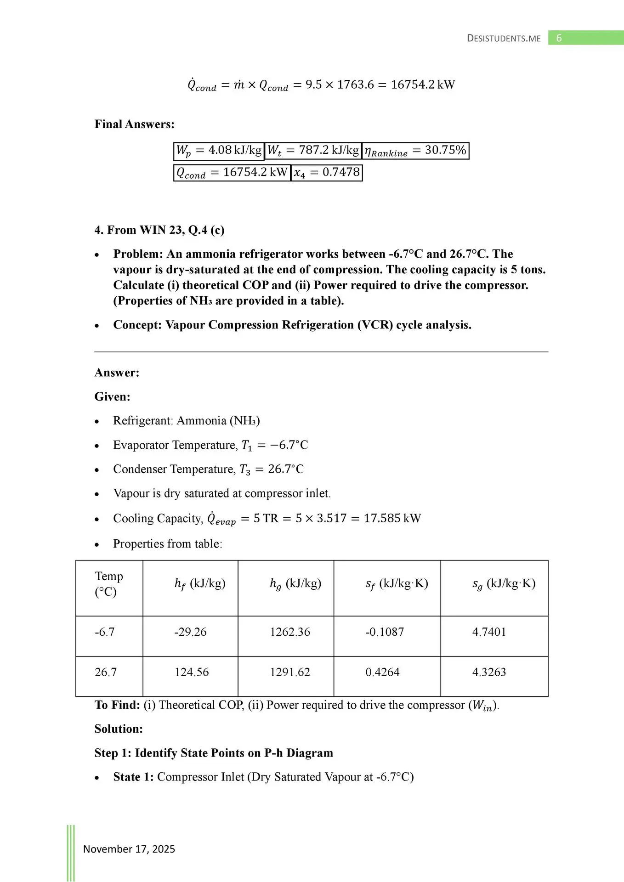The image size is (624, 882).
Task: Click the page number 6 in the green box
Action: click(559, 38)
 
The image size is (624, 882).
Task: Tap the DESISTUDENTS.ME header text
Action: click(504, 39)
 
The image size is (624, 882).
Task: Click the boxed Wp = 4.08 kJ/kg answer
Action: click(219, 151)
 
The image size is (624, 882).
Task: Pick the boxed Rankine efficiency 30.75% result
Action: click(415, 151)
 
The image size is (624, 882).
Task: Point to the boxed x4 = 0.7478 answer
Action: click(327, 173)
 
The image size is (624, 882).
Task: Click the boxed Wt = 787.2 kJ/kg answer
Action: click(313, 151)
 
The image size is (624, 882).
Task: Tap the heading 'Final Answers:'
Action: click(134, 124)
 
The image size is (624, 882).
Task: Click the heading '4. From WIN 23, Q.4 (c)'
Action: click(159, 230)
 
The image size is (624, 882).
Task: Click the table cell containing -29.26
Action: click(190, 632)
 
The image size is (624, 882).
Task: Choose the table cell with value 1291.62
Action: click(290, 673)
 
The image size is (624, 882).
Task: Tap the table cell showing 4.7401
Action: click(489, 632)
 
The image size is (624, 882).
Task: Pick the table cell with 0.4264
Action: click(382, 673)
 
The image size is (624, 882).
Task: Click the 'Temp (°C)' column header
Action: click(109, 584)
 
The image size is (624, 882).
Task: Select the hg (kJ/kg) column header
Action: click(295, 584)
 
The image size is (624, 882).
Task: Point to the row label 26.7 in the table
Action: click(106, 673)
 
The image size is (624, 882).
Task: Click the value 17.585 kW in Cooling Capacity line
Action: click(392, 519)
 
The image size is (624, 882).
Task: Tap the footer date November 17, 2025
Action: click(129, 849)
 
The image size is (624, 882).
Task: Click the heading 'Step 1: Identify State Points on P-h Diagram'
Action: click(214, 753)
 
